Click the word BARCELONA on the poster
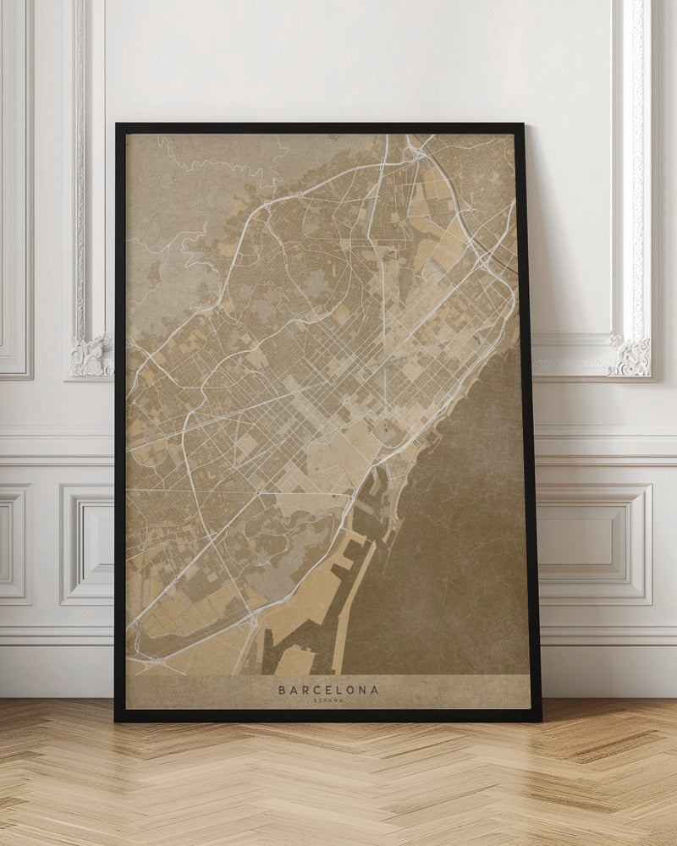pos(328,690)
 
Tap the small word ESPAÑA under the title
pos(328,700)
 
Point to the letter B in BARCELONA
pos(282,690)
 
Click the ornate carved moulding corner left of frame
pos(91,355)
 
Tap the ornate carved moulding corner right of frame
pos(631,355)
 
